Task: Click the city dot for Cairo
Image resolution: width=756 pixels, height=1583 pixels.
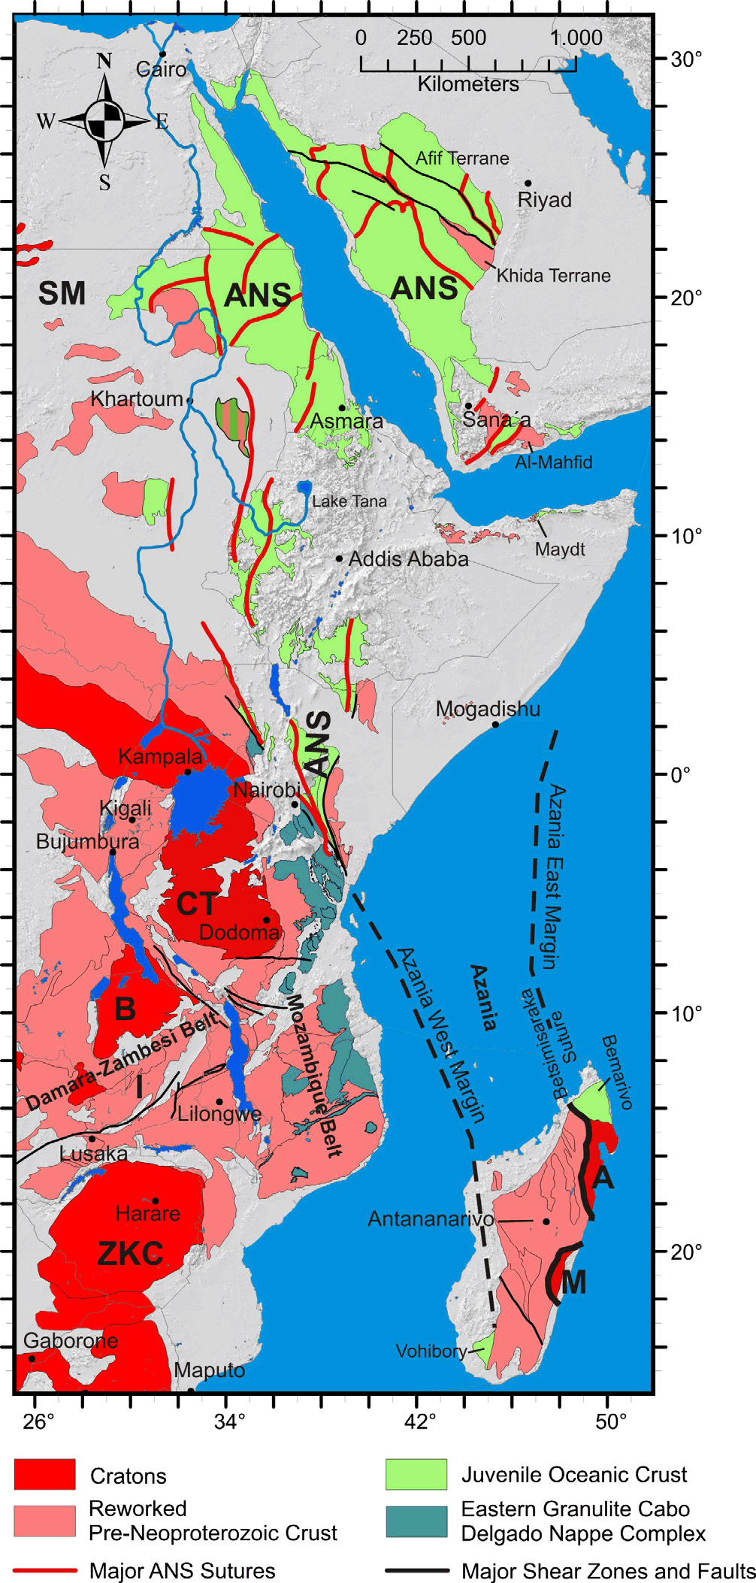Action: (162, 54)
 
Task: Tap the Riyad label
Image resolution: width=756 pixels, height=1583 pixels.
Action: (544, 200)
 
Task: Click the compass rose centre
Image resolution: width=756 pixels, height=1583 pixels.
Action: (104, 120)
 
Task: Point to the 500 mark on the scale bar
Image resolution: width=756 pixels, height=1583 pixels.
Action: (468, 38)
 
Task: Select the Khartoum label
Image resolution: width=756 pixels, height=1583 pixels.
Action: (137, 399)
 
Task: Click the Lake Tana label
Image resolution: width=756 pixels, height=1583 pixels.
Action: (349, 501)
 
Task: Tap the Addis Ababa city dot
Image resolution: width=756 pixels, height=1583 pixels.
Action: (339, 558)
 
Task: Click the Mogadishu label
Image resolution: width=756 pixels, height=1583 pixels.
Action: (488, 709)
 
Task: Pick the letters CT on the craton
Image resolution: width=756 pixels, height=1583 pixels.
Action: (196, 904)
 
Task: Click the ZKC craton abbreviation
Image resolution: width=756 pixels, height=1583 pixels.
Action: (130, 1254)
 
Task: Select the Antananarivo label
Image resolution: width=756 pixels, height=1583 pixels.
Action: (430, 1219)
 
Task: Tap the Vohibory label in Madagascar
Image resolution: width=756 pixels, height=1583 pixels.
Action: (431, 1351)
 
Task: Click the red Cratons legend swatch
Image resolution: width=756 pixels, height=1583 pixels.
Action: (44, 1474)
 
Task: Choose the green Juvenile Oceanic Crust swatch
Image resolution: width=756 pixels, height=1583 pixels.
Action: (416, 1474)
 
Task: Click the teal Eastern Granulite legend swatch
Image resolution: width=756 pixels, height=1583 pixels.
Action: (416, 1521)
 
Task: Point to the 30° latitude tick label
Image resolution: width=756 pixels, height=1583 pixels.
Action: (686, 59)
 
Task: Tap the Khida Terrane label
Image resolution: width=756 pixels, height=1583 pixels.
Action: (553, 276)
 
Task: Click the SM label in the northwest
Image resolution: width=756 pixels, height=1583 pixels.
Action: (62, 293)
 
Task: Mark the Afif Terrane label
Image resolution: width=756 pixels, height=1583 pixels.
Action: (462, 159)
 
